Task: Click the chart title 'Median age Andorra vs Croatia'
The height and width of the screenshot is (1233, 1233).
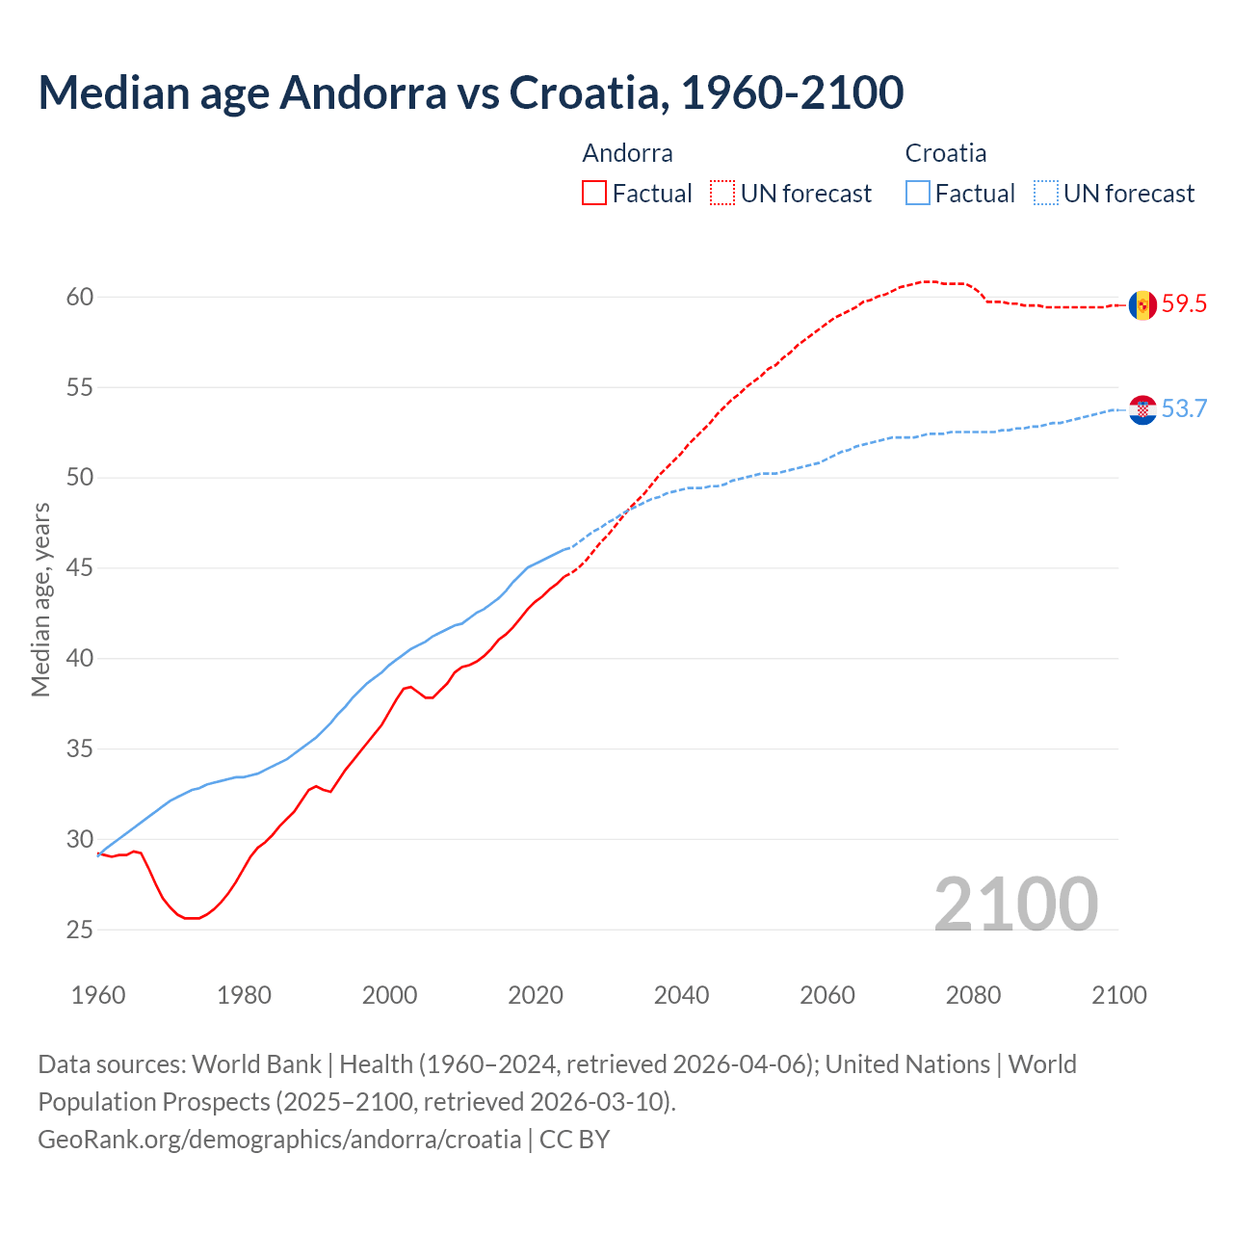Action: pyautogui.click(x=470, y=92)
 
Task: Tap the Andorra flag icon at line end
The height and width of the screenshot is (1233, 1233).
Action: pyautogui.click(x=1142, y=305)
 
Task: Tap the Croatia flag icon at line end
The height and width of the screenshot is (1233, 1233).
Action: pyautogui.click(x=1142, y=409)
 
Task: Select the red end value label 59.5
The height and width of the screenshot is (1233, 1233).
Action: pyautogui.click(x=1184, y=304)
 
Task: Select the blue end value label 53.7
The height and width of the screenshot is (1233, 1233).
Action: pyautogui.click(x=1184, y=408)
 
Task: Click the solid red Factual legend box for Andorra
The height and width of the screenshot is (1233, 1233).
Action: pyautogui.click(x=594, y=194)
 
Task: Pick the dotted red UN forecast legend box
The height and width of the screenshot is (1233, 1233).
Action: pyautogui.click(x=722, y=194)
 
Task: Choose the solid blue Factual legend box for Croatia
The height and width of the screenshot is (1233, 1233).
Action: pyautogui.click(x=918, y=194)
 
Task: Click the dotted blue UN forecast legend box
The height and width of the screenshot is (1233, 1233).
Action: pyautogui.click(x=1046, y=194)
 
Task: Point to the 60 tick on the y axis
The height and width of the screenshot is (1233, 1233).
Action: pyautogui.click(x=80, y=297)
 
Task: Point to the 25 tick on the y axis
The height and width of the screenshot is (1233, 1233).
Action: pyautogui.click(x=80, y=930)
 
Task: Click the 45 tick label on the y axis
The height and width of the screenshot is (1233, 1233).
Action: pyautogui.click(x=80, y=568)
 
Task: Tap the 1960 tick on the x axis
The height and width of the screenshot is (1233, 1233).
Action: pyautogui.click(x=98, y=995)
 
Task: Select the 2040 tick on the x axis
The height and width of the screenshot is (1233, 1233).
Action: pyautogui.click(x=682, y=995)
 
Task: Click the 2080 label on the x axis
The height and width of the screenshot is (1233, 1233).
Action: pyautogui.click(x=973, y=995)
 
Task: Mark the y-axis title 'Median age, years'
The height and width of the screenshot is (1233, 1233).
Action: pyautogui.click(x=40, y=598)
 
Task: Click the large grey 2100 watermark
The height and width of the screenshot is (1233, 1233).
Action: pyautogui.click(x=1015, y=904)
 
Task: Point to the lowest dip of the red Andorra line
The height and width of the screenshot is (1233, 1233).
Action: pyautogui.click(x=192, y=918)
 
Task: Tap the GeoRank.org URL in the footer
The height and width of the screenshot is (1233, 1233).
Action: pyautogui.click(x=279, y=1140)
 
